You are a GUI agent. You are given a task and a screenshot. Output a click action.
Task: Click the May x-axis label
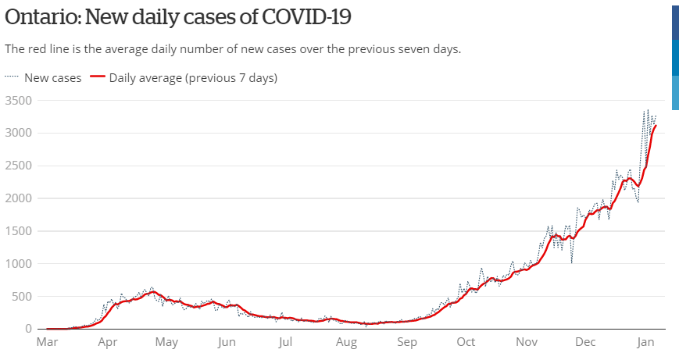pyautogui.click(x=166, y=342)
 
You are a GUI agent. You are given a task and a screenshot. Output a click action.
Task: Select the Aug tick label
pyautogui.click(x=346, y=342)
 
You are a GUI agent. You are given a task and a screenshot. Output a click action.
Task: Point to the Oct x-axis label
pyautogui.click(x=466, y=342)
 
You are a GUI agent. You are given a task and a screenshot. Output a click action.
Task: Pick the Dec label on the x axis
pyautogui.click(x=585, y=342)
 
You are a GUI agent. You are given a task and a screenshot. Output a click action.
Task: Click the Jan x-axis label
pyautogui.click(x=645, y=342)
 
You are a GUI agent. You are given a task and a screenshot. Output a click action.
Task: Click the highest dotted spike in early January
pyautogui.click(x=648, y=110)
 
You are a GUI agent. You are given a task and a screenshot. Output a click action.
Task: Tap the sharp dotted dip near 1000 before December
pyautogui.click(x=572, y=262)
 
